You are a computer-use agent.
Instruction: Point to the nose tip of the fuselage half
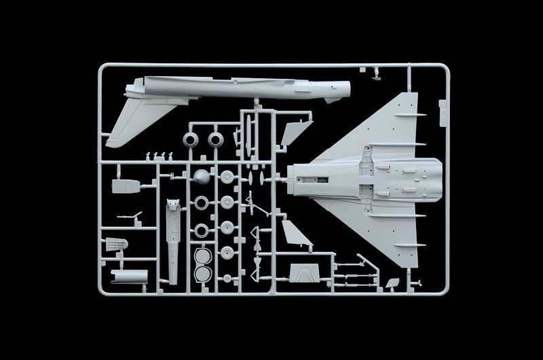tap(348, 87)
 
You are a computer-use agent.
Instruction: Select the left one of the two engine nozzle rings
tap(191, 141)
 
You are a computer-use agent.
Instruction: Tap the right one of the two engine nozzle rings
tap(217, 141)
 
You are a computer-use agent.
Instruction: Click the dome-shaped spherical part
tap(202, 177)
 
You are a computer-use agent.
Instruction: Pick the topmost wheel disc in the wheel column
tap(227, 178)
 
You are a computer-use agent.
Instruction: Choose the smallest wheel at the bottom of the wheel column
tap(227, 273)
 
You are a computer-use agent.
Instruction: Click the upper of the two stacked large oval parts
tap(202, 256)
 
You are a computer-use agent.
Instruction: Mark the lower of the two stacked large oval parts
tap(202, 274)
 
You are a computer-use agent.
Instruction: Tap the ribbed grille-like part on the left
tap(117, 242)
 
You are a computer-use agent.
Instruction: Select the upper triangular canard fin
tap(295, 131)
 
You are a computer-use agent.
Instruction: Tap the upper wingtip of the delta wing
tap(411, 95)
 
